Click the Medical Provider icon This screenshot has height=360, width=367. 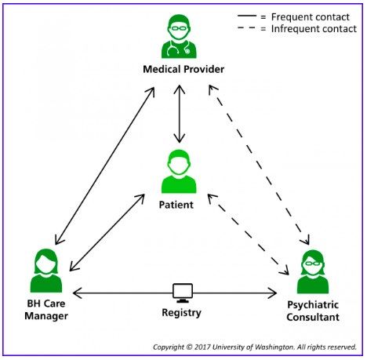[179, 36]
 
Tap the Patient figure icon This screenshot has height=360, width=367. [179, 171]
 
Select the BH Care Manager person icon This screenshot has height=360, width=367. [46, 271]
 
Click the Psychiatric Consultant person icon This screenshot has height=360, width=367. [313, 271]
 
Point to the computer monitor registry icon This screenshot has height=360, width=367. [183, 293]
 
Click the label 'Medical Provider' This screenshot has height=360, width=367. [183, 69]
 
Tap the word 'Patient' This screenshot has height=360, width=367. [176, 205]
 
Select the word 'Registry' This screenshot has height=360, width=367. [182, 313]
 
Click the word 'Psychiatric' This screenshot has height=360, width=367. [313, 305]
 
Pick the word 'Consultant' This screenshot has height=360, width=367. [313, 317]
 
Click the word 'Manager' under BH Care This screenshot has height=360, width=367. [46, 316]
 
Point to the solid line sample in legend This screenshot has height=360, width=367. [247, 16]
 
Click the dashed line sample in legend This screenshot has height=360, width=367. [247, 27]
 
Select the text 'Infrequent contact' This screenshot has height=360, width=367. [314, 29]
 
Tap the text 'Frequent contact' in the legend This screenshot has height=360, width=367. [311, 17]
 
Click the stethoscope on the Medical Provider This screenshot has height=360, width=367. [179, 49]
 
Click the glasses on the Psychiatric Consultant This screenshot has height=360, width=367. [313, 264]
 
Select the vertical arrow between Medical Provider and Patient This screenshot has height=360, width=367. [180, 114]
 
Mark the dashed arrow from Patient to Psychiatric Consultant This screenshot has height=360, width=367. [249, 235]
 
